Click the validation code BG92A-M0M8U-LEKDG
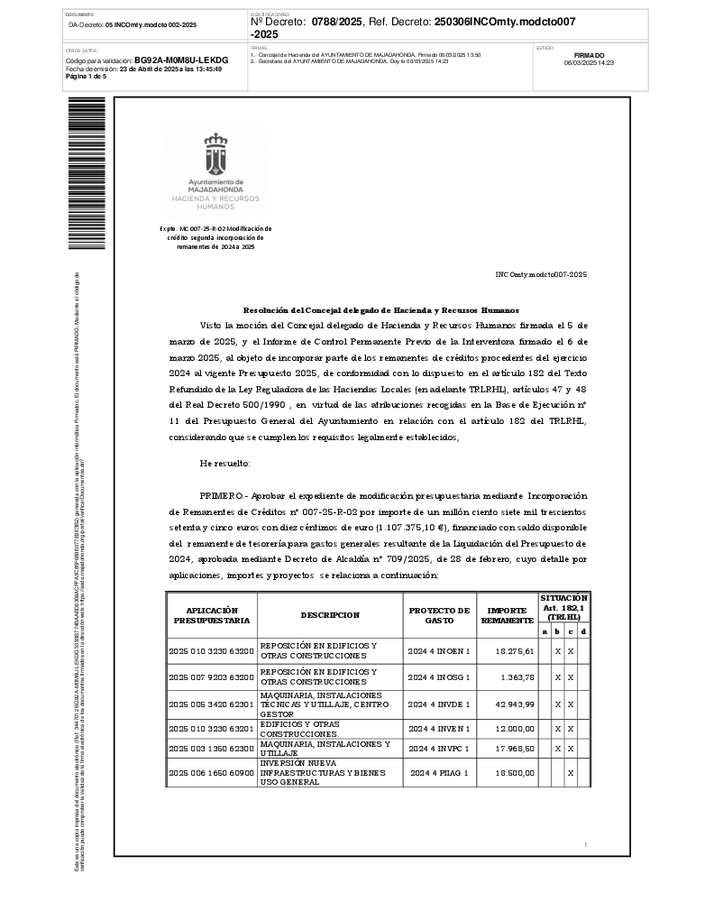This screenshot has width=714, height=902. [181, 60]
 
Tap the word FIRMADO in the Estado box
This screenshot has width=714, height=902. [589, 55]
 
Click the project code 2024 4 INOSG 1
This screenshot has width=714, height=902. [438, 676]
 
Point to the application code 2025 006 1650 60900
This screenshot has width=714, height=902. [212, 773]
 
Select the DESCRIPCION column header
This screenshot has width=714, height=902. [330, 615]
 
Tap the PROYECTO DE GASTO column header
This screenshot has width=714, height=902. [439, 615]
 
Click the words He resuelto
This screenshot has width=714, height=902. [225, 464]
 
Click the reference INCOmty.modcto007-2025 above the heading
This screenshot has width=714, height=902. [541, 273]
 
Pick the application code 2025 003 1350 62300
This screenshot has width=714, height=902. [212, 749]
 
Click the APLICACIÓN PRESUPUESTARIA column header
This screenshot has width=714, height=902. [212, 615]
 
